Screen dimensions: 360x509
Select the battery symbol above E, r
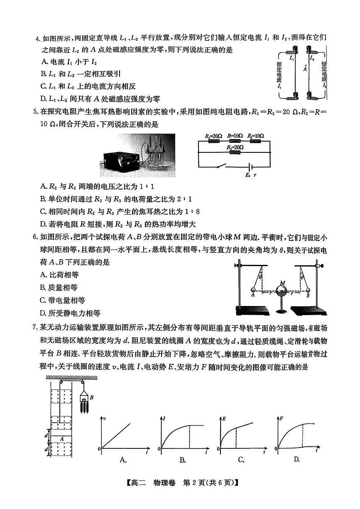click(250, 166)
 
